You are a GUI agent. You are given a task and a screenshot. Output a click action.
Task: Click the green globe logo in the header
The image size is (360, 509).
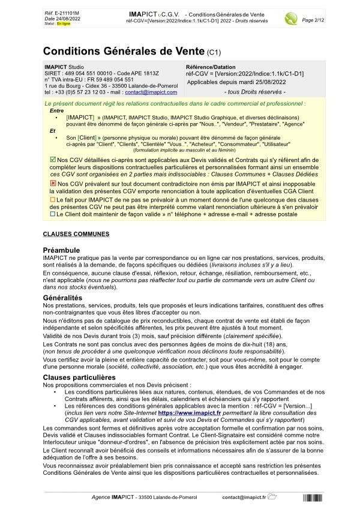coord(291,18)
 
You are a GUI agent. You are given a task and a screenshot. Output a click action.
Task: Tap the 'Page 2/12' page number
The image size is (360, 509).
coord(313,20)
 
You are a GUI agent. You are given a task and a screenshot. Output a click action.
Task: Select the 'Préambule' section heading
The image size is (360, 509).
coord(62,250)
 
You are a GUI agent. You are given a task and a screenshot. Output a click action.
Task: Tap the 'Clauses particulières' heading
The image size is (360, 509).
coord(79,377)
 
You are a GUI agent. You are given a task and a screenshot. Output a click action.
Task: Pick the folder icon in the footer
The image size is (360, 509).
coord(272,497)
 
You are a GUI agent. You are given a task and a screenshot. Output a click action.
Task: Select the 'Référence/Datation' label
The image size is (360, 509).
coord(211,67)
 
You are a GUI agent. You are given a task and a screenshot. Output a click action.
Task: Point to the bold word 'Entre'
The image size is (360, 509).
coord(56,110)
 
